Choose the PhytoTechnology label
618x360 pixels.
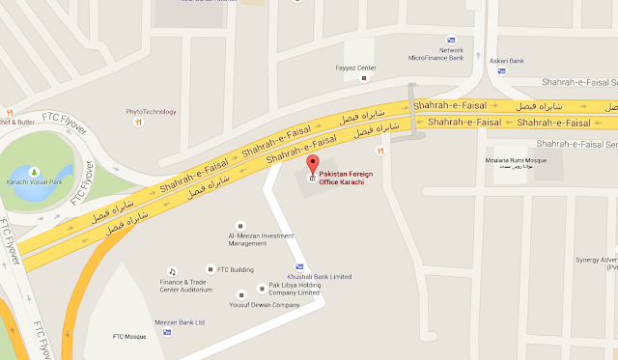(151, 112)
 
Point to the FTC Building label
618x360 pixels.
(235, 268)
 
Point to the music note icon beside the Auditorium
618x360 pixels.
(171, 271)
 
